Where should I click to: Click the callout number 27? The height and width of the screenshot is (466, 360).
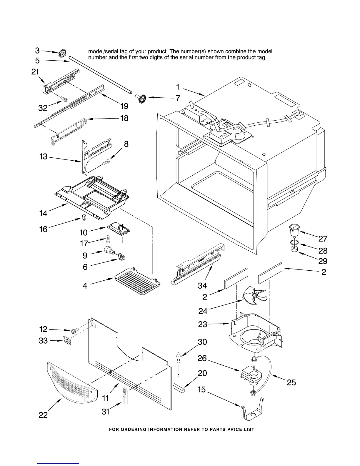(x=323, y=238)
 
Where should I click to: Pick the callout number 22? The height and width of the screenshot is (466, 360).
(x=43, y=415)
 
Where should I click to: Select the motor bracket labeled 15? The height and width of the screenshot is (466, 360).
(x=252, y=410)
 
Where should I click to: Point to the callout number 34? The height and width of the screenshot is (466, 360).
(x=202, y=285)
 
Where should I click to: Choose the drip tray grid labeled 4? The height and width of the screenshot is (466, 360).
(x=138, y=281)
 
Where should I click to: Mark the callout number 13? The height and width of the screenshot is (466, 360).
(x=43, y=157)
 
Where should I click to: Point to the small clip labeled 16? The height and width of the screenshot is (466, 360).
(x=84, y=218)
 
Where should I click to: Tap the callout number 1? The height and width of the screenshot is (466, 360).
(x=178, y=87)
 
